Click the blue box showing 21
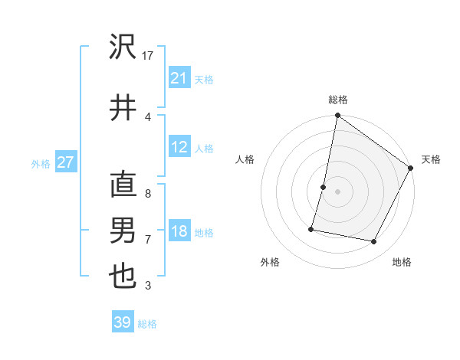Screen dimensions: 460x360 (x=179, y=77)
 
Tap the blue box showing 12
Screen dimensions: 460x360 (x=179, y=147)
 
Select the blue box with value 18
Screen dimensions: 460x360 (x=179, y=231)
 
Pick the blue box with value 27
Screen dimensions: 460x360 (x=65, y=162)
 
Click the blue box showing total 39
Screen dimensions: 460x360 (x=123, y=322)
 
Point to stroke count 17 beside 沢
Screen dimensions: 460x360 (x=149, y=56)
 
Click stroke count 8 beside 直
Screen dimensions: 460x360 (x=148, y=195)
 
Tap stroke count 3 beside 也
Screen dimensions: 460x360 (x=148, y=286)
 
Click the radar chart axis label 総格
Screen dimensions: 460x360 (x=338, y=100)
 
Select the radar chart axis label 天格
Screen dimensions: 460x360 (x=431, y=159)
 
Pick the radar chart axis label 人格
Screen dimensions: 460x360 (x=245, y=159)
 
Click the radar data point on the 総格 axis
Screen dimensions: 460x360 (x=337, y=116)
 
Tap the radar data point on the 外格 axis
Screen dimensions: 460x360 (x=311, y=228)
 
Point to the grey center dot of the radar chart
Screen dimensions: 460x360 (x=337, y=191)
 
